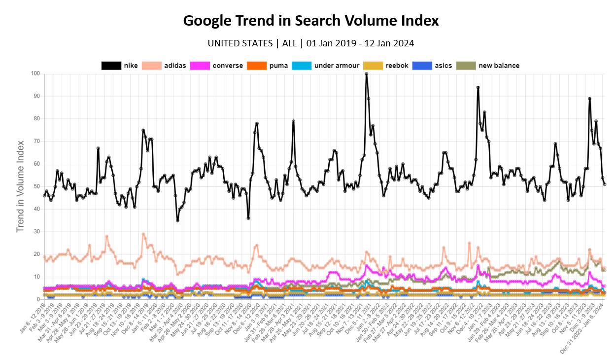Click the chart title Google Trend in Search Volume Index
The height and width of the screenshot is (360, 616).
[x=310, y=21]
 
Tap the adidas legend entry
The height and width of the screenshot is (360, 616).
[x=164, y=66]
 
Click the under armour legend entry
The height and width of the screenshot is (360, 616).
[x=325, y=66]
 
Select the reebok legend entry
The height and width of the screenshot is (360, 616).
[x=385, y=66]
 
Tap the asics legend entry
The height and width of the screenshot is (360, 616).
[x=432, y=66]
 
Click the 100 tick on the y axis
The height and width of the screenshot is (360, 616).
[x=35, y=74]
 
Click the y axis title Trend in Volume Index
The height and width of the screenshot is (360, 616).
[x=20, y=186]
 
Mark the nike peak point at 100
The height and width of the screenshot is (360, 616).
[x=367, y=74]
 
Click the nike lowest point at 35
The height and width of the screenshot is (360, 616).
[x=177, y=220]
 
